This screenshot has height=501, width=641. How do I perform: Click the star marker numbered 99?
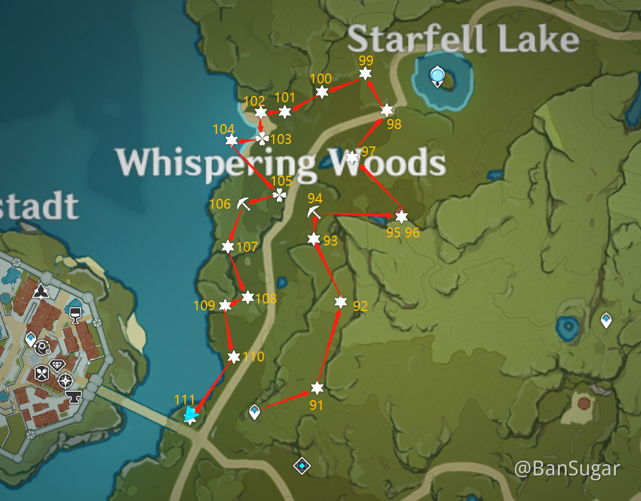365,74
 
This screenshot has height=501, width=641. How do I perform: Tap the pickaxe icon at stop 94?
314,212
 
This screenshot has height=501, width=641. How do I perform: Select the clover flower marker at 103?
263,138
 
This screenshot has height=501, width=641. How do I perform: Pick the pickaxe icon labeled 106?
243,203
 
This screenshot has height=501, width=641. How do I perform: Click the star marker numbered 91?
317,388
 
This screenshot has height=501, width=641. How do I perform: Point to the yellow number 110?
254,357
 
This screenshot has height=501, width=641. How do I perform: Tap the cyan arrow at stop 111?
191,413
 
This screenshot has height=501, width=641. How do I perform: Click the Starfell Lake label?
463,39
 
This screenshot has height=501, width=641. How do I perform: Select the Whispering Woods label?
281,163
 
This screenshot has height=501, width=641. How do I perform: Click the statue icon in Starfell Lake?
438,76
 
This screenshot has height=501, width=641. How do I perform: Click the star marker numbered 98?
387,110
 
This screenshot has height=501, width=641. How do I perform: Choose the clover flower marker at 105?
279,195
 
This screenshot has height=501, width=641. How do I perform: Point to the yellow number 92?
360,306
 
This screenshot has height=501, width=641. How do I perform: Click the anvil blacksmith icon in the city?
74,396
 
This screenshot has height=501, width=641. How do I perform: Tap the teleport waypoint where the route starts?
254,412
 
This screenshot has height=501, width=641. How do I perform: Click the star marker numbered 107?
228,247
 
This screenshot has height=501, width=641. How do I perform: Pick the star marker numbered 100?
322,92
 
